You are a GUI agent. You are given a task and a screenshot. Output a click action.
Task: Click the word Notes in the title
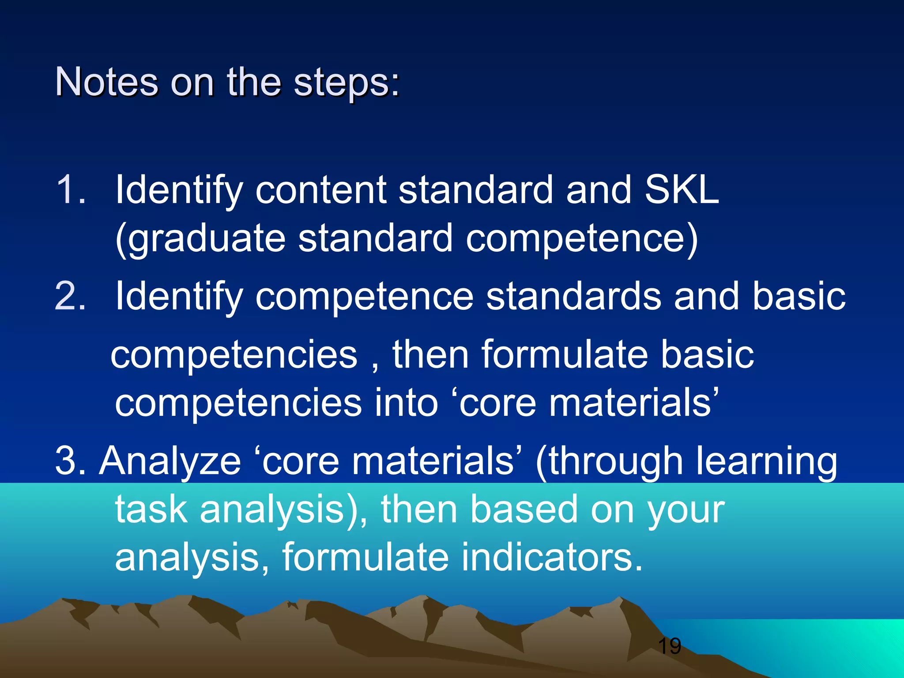point(106,82)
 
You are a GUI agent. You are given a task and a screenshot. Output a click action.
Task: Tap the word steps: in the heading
point(347,82)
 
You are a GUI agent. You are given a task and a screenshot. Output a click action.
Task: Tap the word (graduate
point(200,239)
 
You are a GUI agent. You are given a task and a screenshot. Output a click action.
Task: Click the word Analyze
point(170,461)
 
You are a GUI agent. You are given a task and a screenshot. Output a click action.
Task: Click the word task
point(151,510)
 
